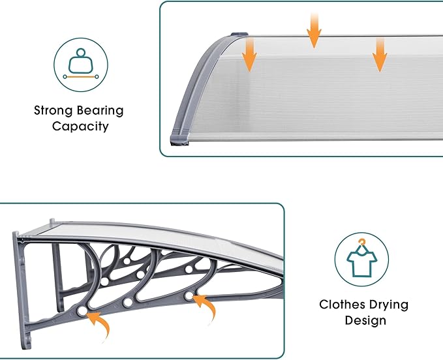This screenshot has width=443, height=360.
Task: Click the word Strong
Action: click(53, 111)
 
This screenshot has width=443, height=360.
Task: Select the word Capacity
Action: click(80, 127)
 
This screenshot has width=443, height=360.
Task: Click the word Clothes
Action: click(343, 305)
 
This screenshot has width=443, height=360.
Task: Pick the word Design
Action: click(365, 321)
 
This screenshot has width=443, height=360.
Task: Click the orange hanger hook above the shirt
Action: click(361, 242)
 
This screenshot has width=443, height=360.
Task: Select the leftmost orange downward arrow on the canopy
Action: click(249, 55)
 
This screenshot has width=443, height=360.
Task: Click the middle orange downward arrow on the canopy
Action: click(314, 30)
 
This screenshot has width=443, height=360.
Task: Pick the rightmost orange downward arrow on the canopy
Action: click(380, 55)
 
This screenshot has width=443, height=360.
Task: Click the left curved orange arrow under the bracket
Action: click(99, 325)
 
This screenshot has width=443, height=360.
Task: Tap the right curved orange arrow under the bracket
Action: click(206, 308)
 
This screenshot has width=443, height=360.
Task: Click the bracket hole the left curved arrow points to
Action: click(82, 311)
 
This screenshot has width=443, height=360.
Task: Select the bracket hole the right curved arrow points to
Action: click(189, 296)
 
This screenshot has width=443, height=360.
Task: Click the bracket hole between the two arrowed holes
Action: click(128, 303)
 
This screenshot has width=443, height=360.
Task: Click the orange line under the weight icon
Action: click(81, 76)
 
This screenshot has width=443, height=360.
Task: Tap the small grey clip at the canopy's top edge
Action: click(239, 35)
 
